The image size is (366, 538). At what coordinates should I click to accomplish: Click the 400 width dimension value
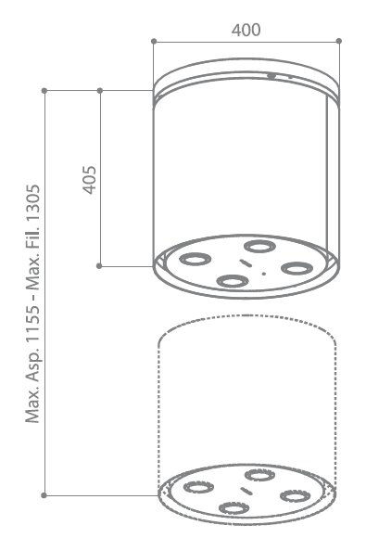click(x=246, y=30)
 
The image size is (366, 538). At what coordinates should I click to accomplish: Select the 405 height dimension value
click(x=90, y=180)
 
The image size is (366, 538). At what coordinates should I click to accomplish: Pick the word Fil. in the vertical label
click(x=33, y=244)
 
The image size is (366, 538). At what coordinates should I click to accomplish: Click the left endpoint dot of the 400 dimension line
click(x=154, y=41)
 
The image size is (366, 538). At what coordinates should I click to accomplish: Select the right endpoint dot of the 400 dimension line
click(x=339, y=41)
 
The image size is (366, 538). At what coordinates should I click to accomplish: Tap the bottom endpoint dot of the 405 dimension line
click(x=99, y=266)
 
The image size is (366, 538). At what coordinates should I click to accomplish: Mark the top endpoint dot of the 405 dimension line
click(x=100, y=91)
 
